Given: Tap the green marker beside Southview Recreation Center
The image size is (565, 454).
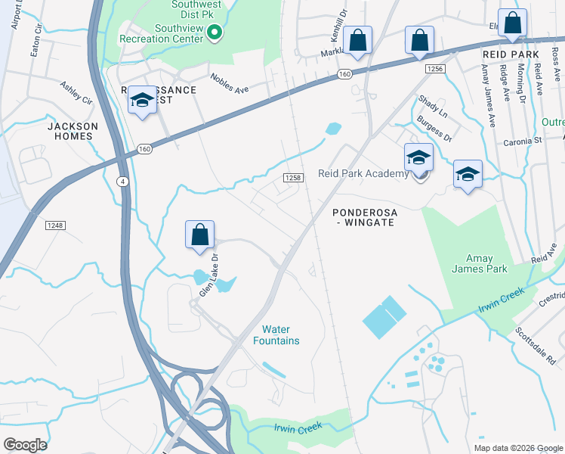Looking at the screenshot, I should (x=214, y=33).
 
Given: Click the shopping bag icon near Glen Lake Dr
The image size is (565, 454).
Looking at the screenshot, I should (x=199, y=235).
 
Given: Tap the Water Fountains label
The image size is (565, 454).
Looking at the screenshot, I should (x=280, y=335).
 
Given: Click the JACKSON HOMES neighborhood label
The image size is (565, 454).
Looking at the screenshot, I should (x=73, y=131).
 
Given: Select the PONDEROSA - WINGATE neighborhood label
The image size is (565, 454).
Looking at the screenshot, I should (x=364, y=218).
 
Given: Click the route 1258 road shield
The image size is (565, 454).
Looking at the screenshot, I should (x=294, y=177).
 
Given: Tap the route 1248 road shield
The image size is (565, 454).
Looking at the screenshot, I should (x=55, y=225).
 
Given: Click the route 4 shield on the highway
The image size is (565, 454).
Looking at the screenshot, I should (x=122, y=181).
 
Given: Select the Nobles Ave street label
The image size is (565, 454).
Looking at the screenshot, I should (x=230, y=83).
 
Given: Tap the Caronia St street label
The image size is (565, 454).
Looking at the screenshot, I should (x=523, y=141).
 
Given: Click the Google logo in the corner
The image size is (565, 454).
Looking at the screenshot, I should (x=26, y=444).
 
